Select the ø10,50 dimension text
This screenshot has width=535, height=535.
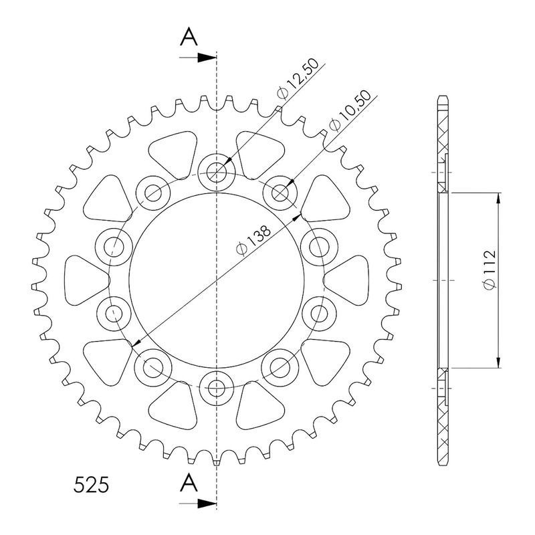(350, 111)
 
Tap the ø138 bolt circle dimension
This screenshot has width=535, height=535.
(253, 240)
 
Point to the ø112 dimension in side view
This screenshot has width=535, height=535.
(490, 270)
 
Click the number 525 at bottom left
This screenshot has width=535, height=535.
(91, 485)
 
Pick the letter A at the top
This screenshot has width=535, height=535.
(189, 37)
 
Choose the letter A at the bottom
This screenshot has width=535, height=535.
(189, 482)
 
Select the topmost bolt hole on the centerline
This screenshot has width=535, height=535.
(217, 172)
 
